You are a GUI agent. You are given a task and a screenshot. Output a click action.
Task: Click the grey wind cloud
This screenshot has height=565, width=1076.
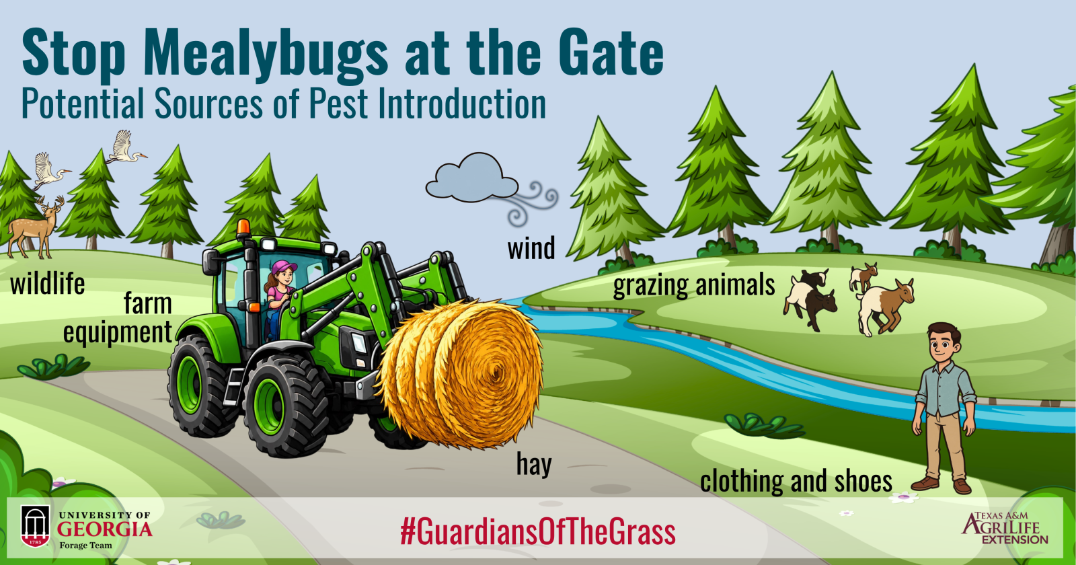click(x=471, y=178)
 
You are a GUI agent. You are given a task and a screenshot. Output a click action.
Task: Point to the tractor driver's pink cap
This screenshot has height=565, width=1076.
click(x=283, y=267)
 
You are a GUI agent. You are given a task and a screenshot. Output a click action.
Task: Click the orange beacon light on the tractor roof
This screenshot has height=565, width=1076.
click(x=243, y=228)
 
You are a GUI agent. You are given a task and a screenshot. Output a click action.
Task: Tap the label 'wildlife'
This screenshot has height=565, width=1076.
click(x=47, y=283)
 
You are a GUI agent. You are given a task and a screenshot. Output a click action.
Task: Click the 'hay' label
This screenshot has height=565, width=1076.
click(x=534, y=464)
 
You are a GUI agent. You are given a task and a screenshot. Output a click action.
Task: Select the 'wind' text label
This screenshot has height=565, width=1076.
click(x=531, y=248)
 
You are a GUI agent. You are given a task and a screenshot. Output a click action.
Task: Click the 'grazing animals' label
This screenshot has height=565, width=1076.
click(x=694, y=285)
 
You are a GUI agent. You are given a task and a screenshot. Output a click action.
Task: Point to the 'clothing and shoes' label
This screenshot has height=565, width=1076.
click(x=796, y=481)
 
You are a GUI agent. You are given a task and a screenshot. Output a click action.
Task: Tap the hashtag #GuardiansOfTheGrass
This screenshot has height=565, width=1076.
click(x=538, y=532)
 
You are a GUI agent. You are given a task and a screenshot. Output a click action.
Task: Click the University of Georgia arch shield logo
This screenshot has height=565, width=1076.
click(x=36, y=525)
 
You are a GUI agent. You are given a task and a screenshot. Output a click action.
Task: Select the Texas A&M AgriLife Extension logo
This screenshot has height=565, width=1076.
click(x=1005, y=528)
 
